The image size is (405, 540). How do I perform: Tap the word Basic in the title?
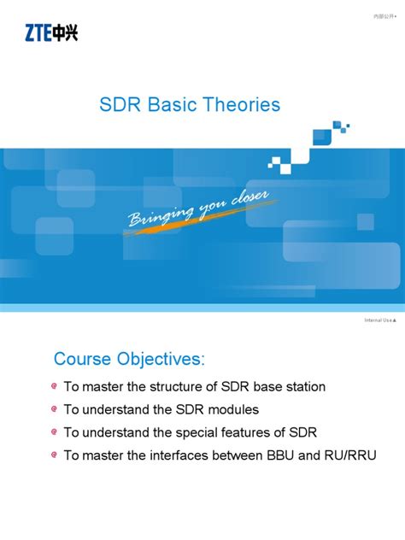point(173,105)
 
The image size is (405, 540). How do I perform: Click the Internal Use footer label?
point(379,320)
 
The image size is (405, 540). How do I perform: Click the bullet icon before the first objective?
point(55,387)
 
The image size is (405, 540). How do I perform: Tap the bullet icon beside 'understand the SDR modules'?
point(55,410)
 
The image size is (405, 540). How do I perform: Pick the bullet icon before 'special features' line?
point(55,432)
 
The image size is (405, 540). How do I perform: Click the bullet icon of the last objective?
point(55,455)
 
